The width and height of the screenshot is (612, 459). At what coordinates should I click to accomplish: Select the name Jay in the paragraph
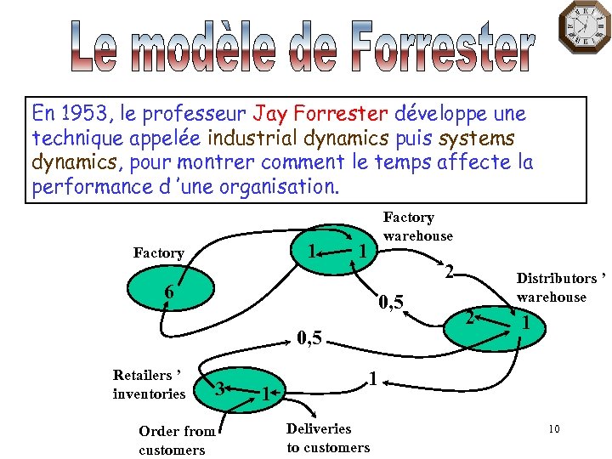click(272, 113)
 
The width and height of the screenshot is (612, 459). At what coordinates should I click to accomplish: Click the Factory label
click(158, 252)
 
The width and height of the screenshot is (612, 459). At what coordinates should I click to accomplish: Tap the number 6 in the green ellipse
click(169, 292)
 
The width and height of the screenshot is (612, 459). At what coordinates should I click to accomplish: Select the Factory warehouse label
click(417, 226)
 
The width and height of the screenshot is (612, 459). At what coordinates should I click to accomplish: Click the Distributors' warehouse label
click(562, 287)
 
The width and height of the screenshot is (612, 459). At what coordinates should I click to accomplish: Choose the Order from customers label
click(177, 440)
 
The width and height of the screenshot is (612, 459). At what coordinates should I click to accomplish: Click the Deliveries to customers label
click(328, 438)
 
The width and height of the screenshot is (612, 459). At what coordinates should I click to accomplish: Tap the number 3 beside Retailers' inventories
click(219, 388)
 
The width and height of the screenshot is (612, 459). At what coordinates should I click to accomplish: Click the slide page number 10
click(553, 429)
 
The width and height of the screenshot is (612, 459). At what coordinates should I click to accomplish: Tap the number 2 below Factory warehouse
click(450, 272)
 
